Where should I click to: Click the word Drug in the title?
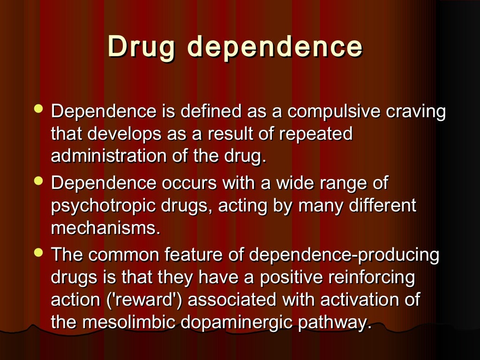tap(143, 47)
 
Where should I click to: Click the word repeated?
tap(315, 135)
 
